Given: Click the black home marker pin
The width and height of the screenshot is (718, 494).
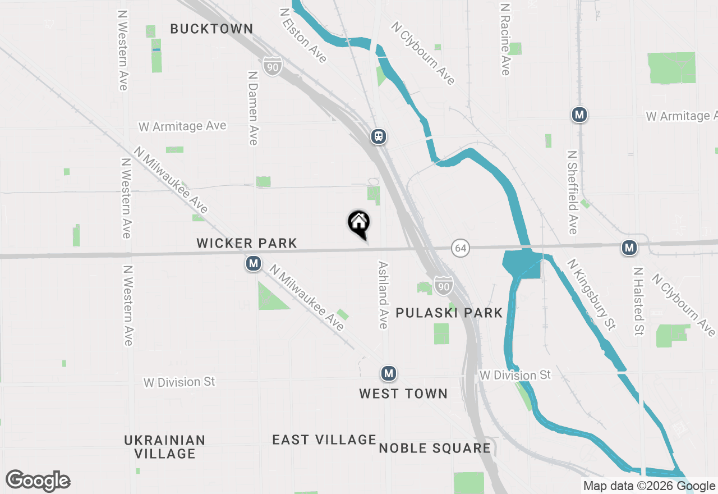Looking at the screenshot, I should click(358, 223).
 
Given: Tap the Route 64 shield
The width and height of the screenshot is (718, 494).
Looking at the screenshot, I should click(460, 248).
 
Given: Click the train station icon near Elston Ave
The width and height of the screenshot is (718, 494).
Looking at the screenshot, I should click(379, 136).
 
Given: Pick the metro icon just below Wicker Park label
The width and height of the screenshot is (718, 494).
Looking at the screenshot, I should click(254, 263).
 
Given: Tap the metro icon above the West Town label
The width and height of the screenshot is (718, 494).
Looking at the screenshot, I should click(388, 373).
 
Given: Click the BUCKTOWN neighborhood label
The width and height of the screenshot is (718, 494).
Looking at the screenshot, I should click(211, 29).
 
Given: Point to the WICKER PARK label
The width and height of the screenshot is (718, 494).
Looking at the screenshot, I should click(247, 243).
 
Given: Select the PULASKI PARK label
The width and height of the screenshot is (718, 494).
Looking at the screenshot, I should click(449, 313).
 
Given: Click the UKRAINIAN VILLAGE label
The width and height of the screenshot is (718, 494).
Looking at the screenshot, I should click(164, 447).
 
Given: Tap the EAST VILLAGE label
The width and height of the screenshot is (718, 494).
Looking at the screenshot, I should click(324, 440).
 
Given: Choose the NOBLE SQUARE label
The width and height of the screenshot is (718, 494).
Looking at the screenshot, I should click(435, 448).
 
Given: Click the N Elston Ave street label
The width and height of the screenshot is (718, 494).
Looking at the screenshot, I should click(303, 35).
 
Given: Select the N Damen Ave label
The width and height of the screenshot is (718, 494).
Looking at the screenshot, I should click(252, 108).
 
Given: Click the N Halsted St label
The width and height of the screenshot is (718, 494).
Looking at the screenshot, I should click(638, 301).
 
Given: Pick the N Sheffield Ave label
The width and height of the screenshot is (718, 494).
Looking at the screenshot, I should click(572, 192).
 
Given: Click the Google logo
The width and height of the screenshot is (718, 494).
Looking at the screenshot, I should click(38, 481).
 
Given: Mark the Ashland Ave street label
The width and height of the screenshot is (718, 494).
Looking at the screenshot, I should click(384, 295).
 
